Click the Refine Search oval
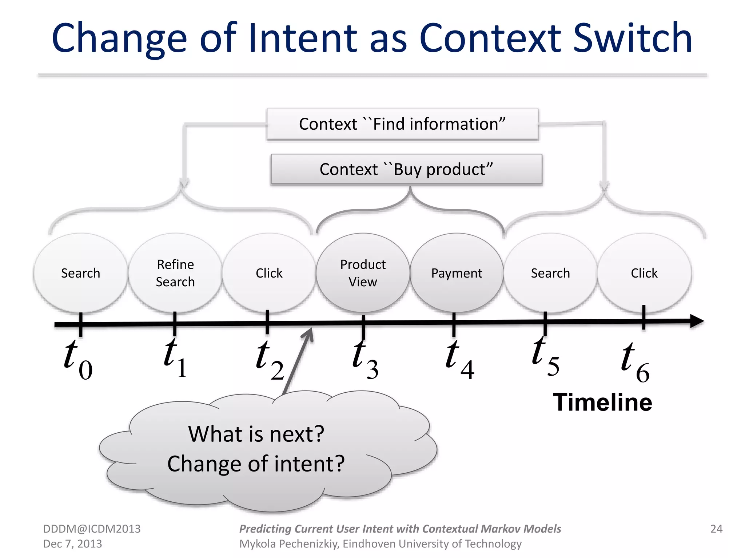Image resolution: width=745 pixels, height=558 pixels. point(175,273)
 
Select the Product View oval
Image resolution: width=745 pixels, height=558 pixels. point(363,273)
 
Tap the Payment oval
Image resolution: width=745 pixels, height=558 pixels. point(457,273)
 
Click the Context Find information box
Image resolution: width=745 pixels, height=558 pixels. point(402,124)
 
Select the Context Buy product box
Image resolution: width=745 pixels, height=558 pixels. point(406,169)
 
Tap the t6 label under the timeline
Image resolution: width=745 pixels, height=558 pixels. point(635,362)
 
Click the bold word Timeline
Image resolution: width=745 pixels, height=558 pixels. point(602,403)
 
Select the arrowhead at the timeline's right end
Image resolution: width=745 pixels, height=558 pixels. point(697,322)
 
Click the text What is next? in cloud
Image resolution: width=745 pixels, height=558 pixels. point(256,434)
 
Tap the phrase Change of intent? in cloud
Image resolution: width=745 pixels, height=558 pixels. point(256,464)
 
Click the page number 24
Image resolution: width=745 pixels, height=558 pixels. point(716,529)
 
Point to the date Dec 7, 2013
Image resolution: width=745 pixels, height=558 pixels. point(72,544)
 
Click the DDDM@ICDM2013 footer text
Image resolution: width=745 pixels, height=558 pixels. point(92,529)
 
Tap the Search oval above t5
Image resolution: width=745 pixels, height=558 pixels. point(550,273)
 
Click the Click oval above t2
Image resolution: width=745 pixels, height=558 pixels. point(269,273)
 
